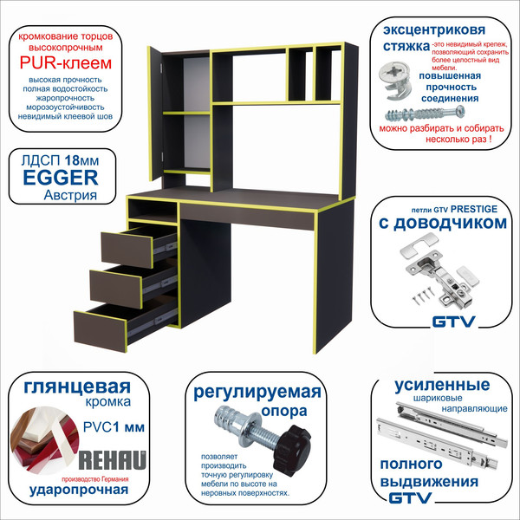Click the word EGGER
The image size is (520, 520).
click(61, 178)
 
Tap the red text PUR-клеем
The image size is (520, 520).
click(66, 63)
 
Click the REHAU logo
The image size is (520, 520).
click(112, 460)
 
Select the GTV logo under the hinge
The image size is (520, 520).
click(453, 322)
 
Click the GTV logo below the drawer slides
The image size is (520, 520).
click(410, 497)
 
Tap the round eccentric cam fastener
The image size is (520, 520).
click(395, 81)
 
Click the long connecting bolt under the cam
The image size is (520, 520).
click(425, 114)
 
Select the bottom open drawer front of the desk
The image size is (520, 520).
click(101, 331)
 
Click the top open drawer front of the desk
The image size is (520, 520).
click(127, 250)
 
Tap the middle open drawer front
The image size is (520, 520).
click(116, 285)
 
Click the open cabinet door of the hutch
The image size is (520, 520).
click(155, 114)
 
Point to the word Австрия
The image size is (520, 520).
click(70, 195)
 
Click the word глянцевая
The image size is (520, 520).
click(77, 387)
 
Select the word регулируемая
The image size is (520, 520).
click(257, 392)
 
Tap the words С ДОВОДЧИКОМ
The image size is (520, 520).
click(443, 223)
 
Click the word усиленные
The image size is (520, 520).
click(442, 385)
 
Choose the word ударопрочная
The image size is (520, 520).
click(79, 490)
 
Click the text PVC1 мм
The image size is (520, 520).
click(114, 427)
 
